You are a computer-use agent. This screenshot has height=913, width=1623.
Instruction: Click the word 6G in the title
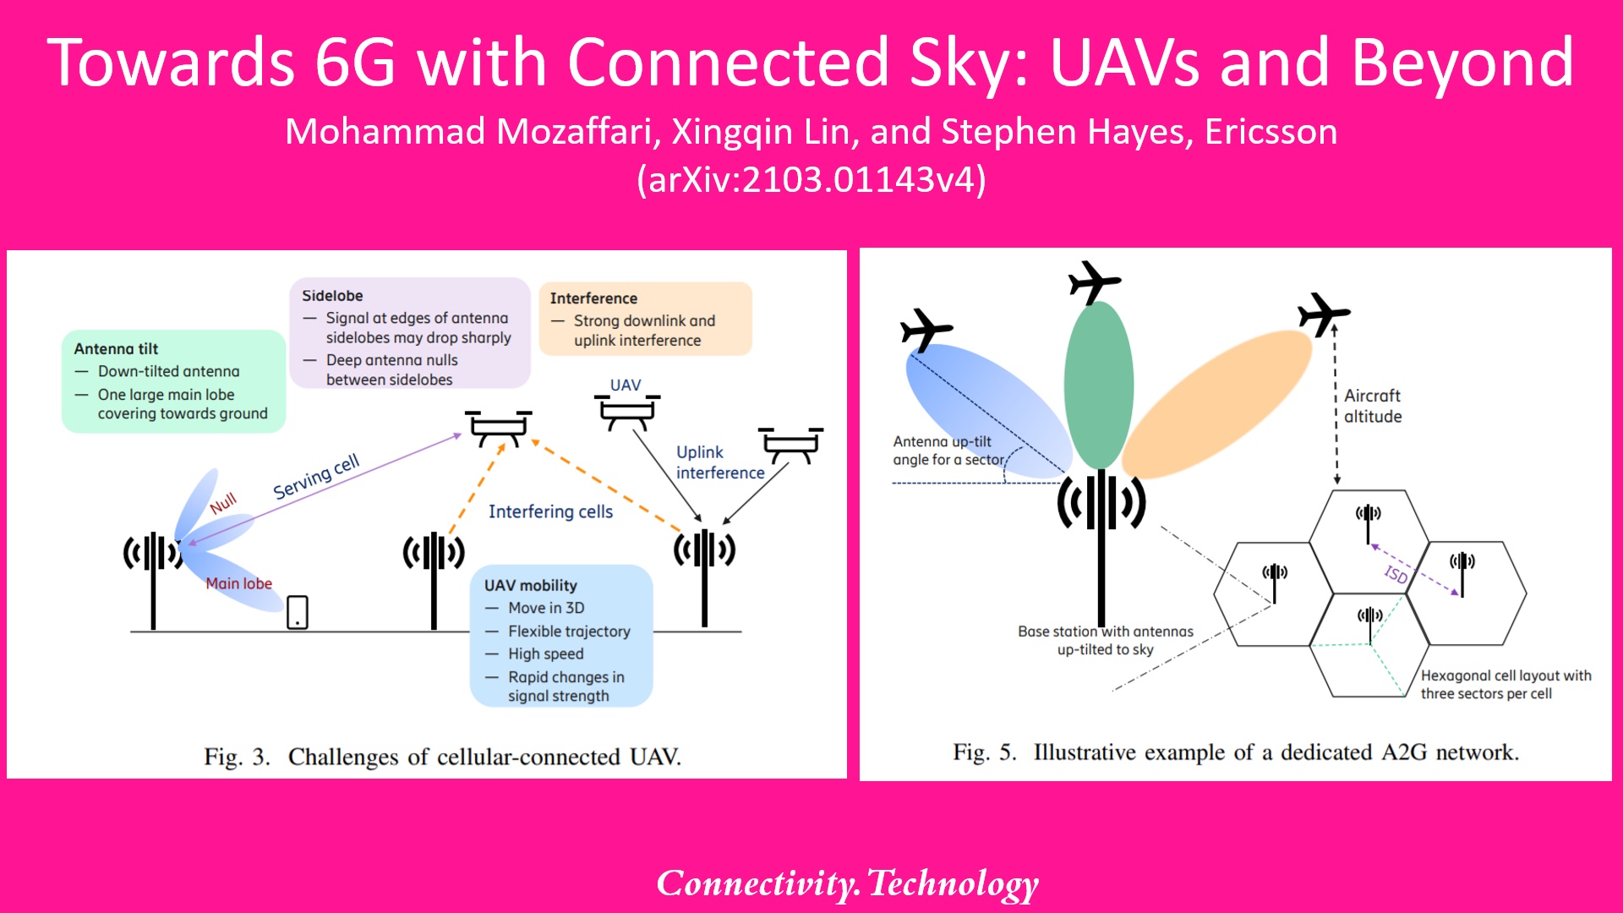click(354, 63)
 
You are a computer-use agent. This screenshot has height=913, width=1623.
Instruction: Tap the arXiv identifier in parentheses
click(811, 180)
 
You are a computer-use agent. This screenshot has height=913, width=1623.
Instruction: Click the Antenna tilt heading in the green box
click(116, 348)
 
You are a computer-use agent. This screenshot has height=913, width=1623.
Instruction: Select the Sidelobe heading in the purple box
click(332, 296)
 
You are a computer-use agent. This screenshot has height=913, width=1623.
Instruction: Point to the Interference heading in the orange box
click(593, 298)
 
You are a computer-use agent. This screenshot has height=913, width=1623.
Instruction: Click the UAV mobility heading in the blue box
click(530, 585)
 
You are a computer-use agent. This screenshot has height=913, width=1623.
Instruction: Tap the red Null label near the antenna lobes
click(223, 504)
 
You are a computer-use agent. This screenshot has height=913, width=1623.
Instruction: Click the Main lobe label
click(238, 583)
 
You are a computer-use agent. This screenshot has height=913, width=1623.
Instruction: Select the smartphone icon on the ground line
click(298, 612)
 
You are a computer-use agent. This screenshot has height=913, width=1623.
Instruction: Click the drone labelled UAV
click(626, 412)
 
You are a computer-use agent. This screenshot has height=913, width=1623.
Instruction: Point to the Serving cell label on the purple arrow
click(316, 476)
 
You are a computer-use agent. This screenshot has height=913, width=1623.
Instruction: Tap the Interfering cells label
click(550, 511)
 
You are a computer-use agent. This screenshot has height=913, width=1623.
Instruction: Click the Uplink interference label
click(719, 462)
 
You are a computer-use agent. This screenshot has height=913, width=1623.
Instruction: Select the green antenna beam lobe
click(1098, 385)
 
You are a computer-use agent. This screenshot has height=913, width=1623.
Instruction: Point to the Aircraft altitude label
click(1373, 406)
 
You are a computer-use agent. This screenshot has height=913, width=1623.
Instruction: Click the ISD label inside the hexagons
click(1396, 575)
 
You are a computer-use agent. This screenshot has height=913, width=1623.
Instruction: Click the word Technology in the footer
click(953, 883)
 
